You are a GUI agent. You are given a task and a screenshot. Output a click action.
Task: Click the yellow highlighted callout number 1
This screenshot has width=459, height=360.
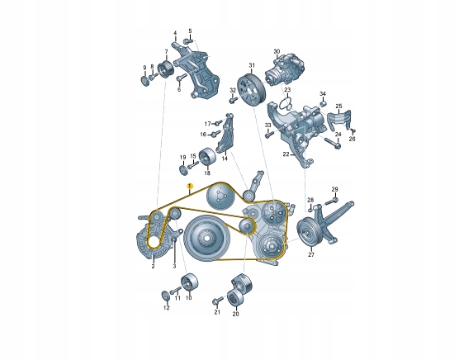coord(190,186)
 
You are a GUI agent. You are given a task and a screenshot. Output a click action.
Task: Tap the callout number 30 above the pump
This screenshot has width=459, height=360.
coord(277,52)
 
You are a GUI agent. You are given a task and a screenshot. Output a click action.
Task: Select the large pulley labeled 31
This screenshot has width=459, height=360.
coord(251,90)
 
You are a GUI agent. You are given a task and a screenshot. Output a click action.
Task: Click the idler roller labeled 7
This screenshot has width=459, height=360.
coord(166,70)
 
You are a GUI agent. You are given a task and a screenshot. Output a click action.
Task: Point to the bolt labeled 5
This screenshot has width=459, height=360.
coord(187,41)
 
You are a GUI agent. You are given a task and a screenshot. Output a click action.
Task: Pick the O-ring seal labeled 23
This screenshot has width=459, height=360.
coord(286,104)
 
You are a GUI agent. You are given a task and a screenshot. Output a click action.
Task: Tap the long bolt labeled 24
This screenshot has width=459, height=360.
coord(332,143)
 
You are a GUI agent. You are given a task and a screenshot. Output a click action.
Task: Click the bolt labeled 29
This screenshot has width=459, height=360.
coord(330,201)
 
